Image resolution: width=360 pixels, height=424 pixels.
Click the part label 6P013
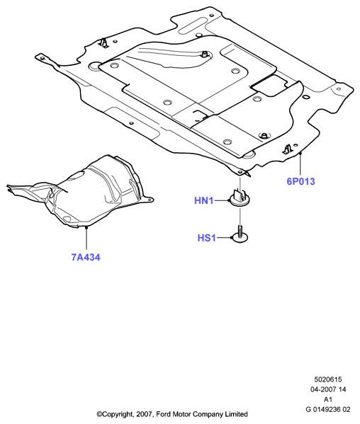click(300, 181)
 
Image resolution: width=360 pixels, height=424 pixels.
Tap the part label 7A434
click(86, 257)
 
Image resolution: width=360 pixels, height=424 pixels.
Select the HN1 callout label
click(204, 200)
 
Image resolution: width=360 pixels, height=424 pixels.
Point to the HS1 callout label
click(207, 238)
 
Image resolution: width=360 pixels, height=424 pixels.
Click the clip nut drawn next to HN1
click(239, 199)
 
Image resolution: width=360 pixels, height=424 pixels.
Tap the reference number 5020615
click(328, 379)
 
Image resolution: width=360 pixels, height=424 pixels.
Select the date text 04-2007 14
click(328, 389)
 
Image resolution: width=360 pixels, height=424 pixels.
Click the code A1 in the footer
click(328, 399)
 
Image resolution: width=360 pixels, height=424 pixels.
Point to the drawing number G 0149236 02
click(328, 409)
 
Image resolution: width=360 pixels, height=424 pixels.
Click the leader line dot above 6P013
click(300, 154)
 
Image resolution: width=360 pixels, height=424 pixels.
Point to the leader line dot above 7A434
click(86, 228)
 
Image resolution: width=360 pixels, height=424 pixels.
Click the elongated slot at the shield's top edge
click(193, 24)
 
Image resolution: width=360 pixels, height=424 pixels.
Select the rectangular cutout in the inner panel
click(269, 85)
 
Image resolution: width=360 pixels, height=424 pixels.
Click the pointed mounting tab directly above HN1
click(240, 171)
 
